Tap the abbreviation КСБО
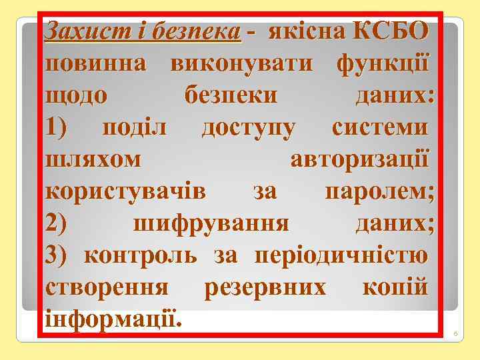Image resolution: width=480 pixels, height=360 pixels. [x=393, y=31]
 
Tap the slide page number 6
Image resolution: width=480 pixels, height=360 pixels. [x=456, y=333]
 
